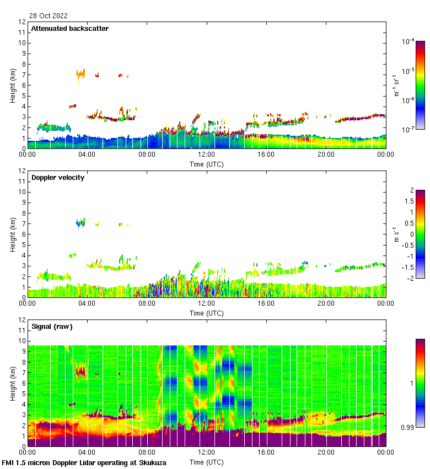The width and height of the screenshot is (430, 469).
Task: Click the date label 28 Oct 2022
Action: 49,16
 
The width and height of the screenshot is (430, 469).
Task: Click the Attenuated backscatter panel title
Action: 69,29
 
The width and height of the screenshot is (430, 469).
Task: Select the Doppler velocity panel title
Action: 57,178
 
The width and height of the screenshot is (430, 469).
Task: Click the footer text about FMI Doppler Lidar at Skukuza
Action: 84,463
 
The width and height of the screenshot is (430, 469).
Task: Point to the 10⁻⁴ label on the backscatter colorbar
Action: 408,41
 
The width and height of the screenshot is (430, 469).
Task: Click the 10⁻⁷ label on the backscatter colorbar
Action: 408,129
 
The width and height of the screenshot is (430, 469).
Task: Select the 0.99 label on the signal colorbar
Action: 409,427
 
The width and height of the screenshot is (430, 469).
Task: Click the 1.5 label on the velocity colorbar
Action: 410,201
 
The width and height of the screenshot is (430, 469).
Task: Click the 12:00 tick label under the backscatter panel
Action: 207,155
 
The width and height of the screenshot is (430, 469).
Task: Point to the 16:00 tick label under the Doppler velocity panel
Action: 266,304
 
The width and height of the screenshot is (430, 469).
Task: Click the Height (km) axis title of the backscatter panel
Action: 12,86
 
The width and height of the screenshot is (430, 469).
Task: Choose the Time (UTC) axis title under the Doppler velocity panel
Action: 207,313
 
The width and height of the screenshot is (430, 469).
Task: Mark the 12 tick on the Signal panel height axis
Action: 23,320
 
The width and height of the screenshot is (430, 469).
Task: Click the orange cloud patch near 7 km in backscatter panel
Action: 80,73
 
